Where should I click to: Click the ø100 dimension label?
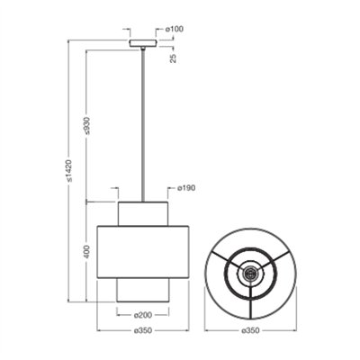pyautogui.click(x=175, y=30)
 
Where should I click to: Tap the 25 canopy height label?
pyautogui.click(x=173, y=58)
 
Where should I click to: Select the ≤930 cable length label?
pyautogui.click(x=86, y=125)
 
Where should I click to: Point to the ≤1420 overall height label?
pyautogui.click(x=69, y=171)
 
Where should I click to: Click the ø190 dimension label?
pyautogui.click(x=186, y=188)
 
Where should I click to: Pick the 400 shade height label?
pyautogui.click(x=86, y=252)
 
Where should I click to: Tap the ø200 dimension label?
pyautogui.click(x=143, y=315)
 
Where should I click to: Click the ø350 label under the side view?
pyautogui.click(x=143, y=330)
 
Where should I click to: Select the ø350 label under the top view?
pyautogui.click(x=250, y=330)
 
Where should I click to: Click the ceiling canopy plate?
pyautogui.click(x=143, y=43)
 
